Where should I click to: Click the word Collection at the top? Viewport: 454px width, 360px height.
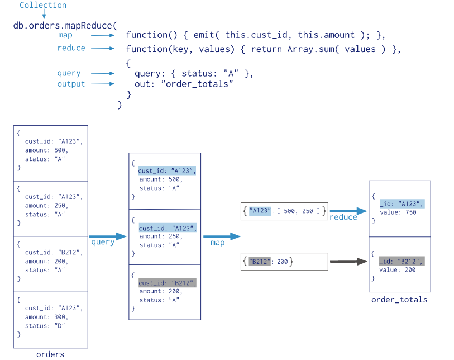click(43, 5)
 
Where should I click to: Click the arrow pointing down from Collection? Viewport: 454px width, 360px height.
click(44, 14)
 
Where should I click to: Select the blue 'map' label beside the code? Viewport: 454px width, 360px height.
click(65, 35)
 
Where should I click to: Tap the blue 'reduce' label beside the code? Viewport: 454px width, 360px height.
click(71, 48)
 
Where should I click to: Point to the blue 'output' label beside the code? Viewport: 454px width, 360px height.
click(71, 84)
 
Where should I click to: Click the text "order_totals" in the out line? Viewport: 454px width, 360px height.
click(197, 84)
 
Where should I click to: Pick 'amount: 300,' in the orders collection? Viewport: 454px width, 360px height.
click(46, 317)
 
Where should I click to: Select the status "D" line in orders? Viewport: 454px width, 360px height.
click(45, 326)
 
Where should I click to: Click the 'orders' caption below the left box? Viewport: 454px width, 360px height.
click(50, 354)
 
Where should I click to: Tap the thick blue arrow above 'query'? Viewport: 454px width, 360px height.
click(108, 236)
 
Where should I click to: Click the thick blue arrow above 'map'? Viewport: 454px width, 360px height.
click(222, 236)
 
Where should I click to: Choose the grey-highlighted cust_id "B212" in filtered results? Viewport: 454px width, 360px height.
click(168, 283)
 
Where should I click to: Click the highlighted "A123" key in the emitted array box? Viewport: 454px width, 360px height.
click(260, 211)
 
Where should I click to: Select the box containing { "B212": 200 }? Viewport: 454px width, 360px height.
click(284, 262)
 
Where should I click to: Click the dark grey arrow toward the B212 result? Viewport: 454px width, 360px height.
click(348, 262)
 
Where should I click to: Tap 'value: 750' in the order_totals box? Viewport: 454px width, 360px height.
click(398, 212)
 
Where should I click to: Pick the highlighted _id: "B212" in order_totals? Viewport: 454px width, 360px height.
click(402, 262)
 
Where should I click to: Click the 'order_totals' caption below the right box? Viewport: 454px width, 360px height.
click(399, 300)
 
